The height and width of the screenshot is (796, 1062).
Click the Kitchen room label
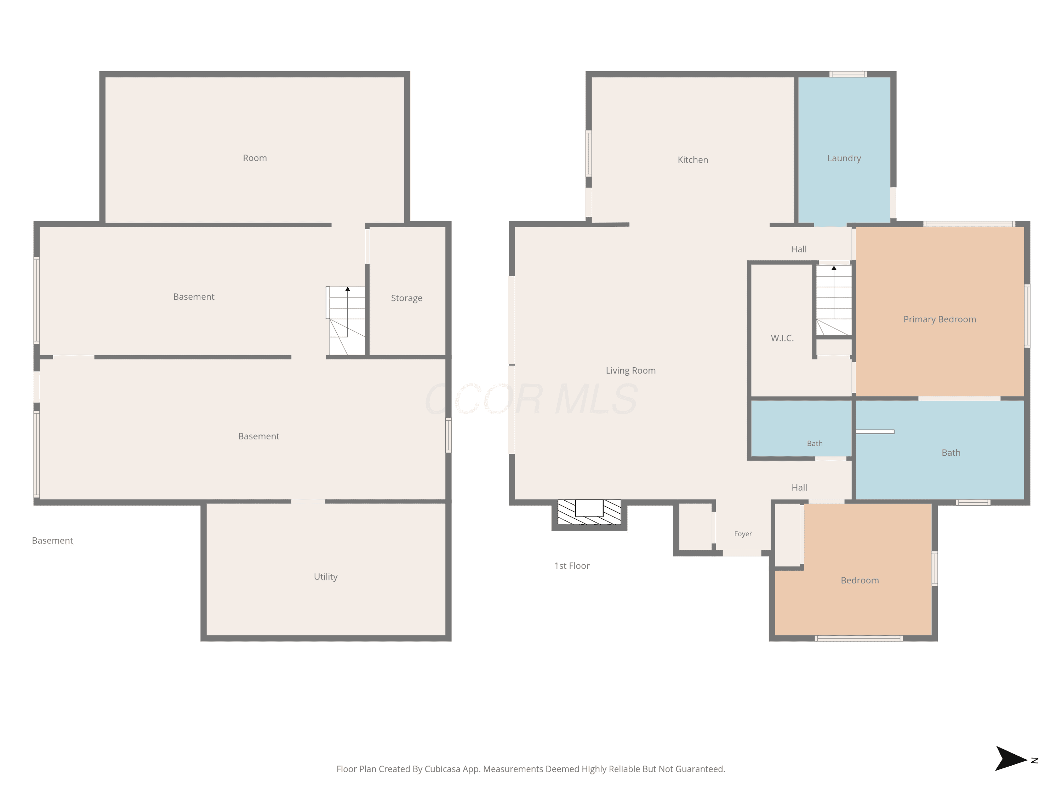[692, 160]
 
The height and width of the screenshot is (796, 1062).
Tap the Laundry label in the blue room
[844, 158]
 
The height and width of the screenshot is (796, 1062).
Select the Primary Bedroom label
[940, 319]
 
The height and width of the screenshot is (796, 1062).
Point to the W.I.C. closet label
[782, 338]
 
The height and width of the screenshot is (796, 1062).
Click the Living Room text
[630, 370]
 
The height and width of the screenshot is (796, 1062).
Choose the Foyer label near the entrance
[743, 534]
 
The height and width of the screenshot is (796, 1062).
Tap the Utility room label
[326, 577]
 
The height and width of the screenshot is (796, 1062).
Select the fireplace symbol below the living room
[589, 512]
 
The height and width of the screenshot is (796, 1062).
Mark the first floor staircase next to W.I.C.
[834, 300]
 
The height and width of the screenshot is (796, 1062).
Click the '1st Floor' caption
[572, 566]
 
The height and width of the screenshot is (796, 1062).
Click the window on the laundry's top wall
[848, 74]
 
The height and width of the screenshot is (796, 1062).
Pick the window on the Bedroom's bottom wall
[858, 638]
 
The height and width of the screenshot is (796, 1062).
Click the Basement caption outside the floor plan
[52, 541]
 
